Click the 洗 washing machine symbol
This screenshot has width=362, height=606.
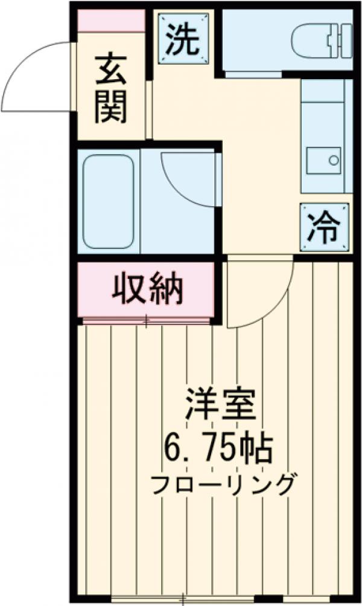(x=182, y=40)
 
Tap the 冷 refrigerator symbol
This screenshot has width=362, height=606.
(x=325, y=227)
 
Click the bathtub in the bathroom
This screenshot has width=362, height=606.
(x=108, y=201)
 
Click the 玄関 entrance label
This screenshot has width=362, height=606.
(x=112, y=88)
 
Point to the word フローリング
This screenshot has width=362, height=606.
(x=223, y=483)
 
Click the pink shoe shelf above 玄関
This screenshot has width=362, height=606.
(x=112, y=21)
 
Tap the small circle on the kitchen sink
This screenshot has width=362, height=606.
(x=333, y=160)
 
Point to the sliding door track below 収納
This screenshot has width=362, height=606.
(x=147, y=320)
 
